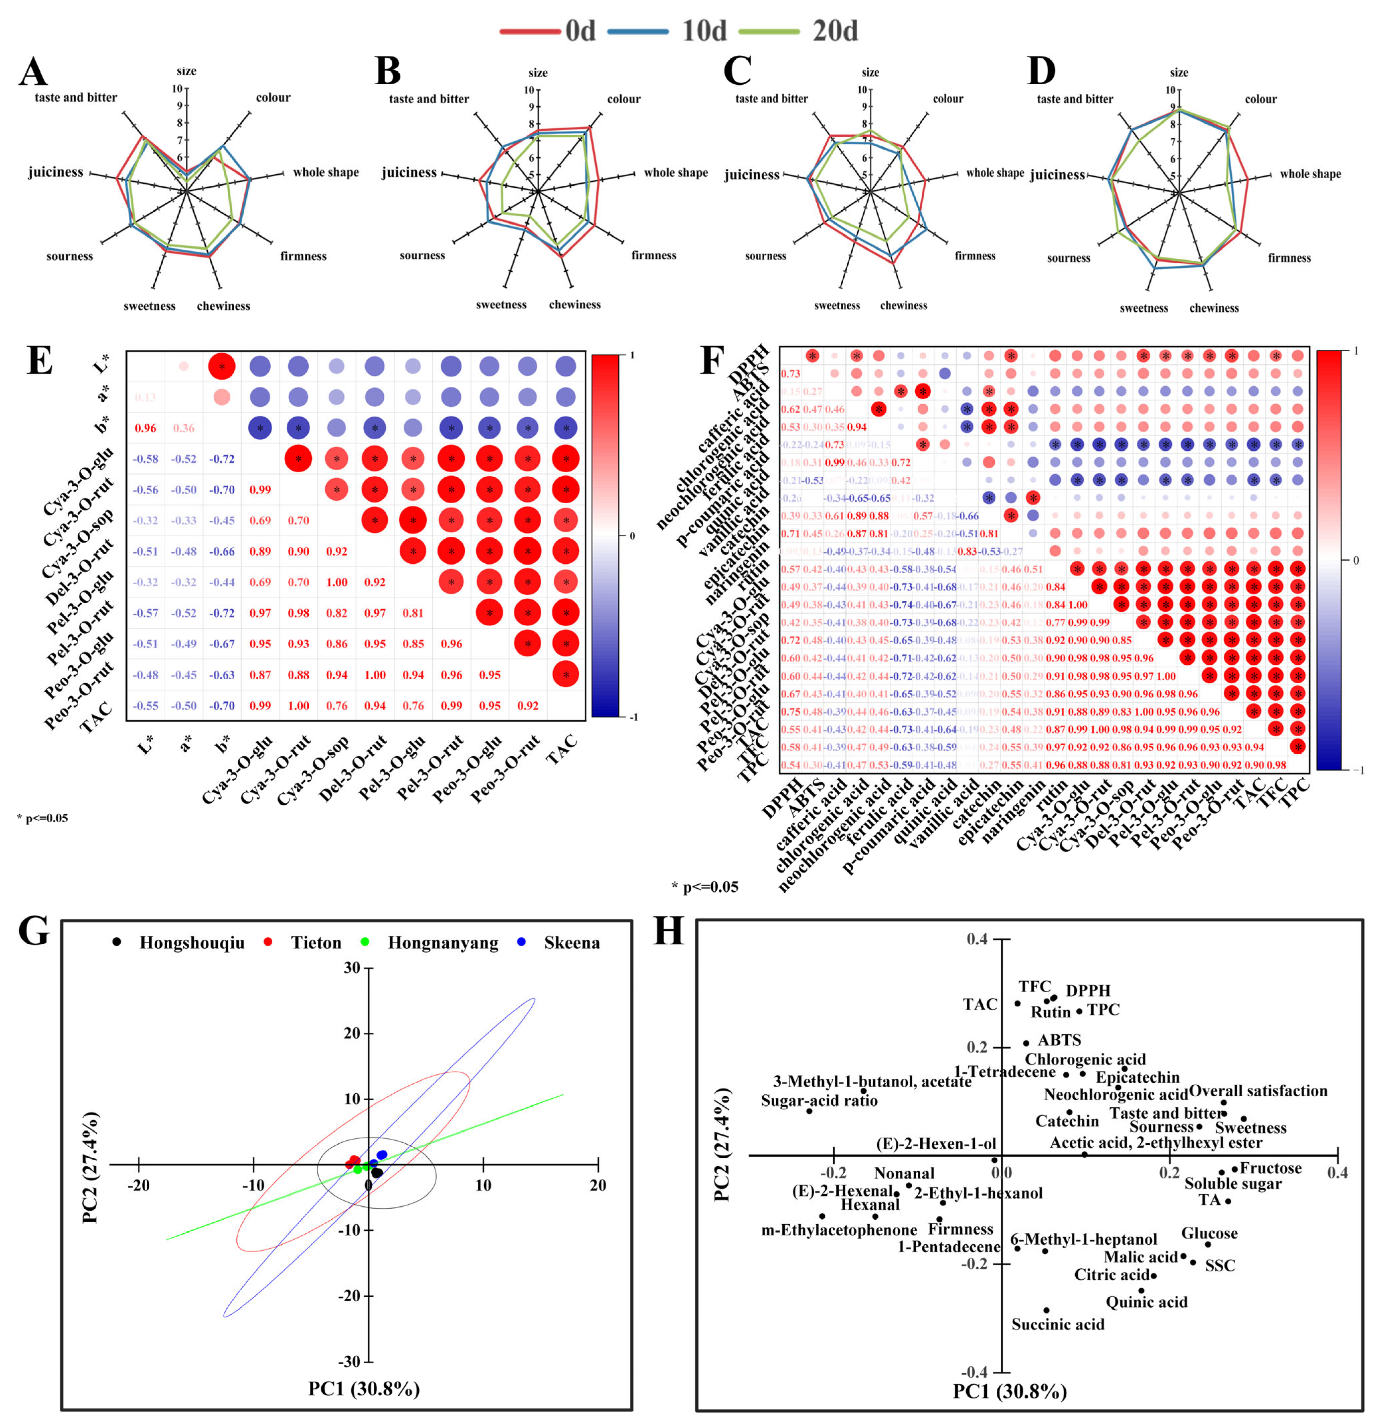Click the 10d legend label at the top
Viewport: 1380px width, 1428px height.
(x=704, y=31)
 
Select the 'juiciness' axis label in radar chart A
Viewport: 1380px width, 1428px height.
(x=55, y=172)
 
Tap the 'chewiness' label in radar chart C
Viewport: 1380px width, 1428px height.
(x=903, y=305)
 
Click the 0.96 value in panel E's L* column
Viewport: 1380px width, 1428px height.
(x=145, y=428)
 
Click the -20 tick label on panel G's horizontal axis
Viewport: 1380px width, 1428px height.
(x=138, y=1186)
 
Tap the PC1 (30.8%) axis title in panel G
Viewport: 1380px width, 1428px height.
(x=364, y=1389)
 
